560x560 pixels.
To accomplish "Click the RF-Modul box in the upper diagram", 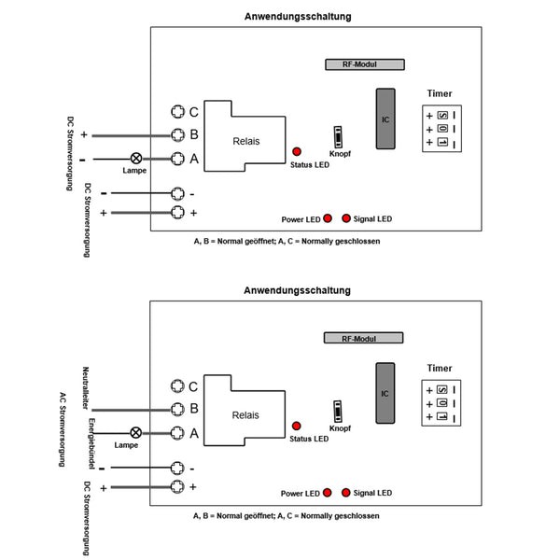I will (364, 65).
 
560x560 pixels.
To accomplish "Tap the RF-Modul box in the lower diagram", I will (363, 339).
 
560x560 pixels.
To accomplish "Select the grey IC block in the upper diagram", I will (385, 119).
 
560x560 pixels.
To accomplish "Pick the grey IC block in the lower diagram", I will (385, 393).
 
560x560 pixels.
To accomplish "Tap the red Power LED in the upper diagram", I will (329, 218).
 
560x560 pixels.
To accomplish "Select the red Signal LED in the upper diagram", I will (346, 218).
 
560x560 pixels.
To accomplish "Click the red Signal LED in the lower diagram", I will (346, 492).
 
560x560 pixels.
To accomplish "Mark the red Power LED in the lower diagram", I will (329, 492).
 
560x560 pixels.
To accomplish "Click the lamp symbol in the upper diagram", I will (135, 159).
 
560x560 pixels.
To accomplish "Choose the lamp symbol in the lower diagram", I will (135, 432).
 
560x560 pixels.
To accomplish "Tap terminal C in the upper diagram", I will (177, 112).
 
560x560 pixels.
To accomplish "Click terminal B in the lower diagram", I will (177, 408).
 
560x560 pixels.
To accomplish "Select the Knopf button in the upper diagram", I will (339, 135).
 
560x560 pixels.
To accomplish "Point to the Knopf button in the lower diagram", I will (339, 411).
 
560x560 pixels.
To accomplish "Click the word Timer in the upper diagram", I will (439, 94).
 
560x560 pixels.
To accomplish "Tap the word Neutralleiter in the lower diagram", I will (85, 390).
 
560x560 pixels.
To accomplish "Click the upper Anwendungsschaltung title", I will (299, 16).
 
